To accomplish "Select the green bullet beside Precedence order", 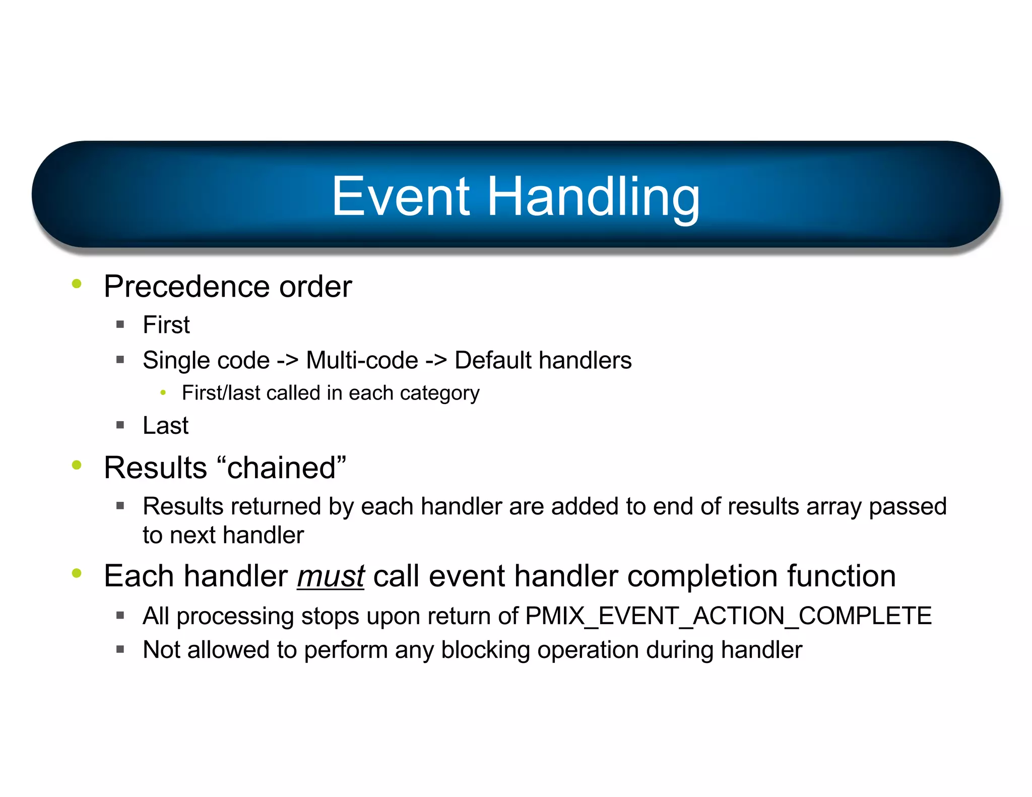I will (77, 284).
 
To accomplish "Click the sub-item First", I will (166, 325).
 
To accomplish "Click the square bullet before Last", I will (120, 425).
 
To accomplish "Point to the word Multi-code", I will (362, 361).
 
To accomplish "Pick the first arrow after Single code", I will (287, 361).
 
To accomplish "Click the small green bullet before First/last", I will (163, 392).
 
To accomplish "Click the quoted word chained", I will (281, 468).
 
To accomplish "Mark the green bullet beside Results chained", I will (77, 464).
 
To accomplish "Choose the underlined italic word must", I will (330, 576).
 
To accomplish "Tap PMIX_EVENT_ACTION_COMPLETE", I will (728, 616).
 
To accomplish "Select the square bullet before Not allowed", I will (120, 649).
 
